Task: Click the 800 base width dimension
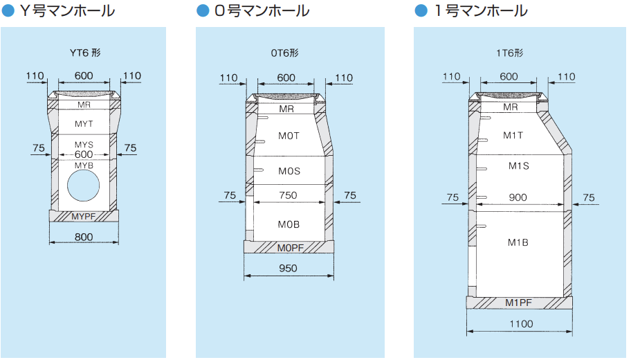tap(84, 237)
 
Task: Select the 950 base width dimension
tap(288, 269)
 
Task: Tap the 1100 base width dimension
tap(520, 323)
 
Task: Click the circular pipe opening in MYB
tap(84, 189)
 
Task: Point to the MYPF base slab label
tap(84, 217)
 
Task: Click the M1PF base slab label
tap(518, 303)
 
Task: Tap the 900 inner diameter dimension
tap(518, 197)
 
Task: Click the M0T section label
tap(289, 136)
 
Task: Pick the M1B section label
tap(518, 242)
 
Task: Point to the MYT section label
tap(84, 123)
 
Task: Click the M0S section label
tap(289, 170)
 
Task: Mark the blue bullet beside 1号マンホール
tap(420, 11)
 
